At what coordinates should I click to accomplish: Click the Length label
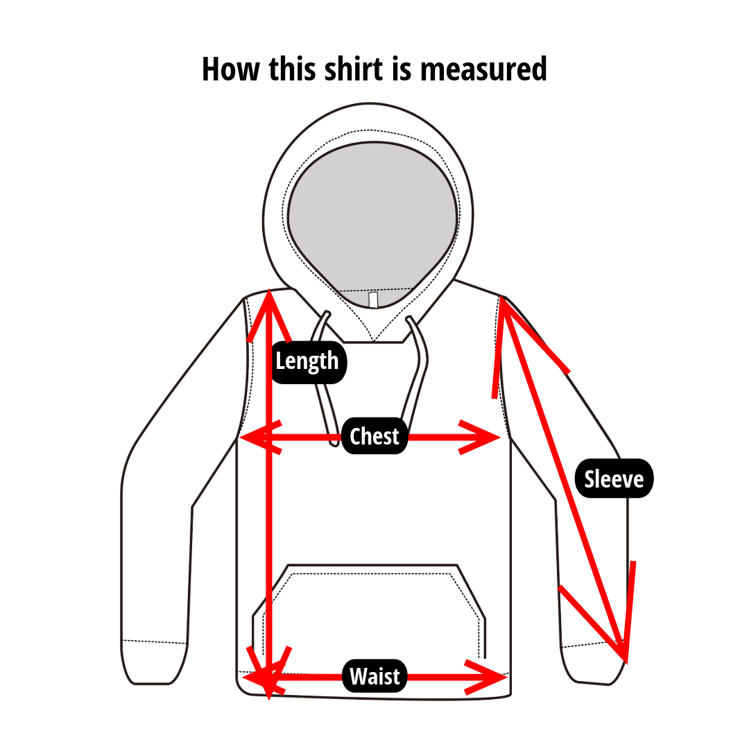click(x=309, y=362)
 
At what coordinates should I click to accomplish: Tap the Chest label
click(x=374, y=436)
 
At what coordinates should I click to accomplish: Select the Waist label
click(x=374, y=676)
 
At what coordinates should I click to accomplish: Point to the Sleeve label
click(x=614, y=479)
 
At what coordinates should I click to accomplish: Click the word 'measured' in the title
click(x=483, y=70)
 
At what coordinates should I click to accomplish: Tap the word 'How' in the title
click(x=231, y=69)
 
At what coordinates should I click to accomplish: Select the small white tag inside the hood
click(x=373, y=300)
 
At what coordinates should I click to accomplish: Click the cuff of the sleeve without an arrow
click(x=154, y=663)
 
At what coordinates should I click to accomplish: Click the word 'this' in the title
click(x=292, y=69)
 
